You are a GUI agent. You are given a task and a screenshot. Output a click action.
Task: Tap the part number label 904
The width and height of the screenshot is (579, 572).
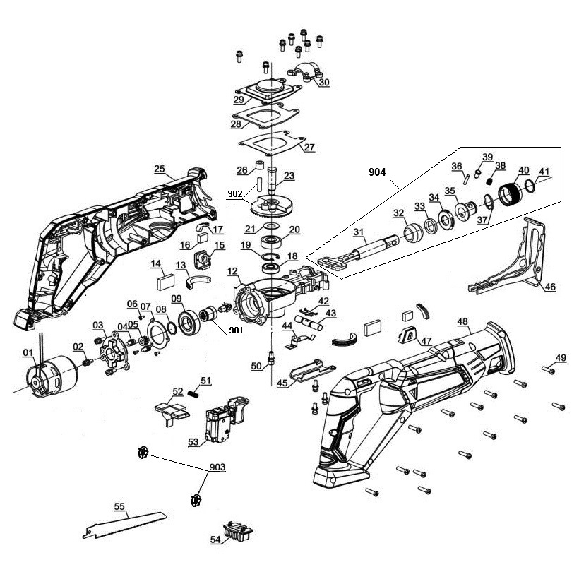click(378, 171)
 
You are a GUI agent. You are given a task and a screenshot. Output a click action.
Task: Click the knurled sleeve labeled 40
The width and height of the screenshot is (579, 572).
click(510, 191)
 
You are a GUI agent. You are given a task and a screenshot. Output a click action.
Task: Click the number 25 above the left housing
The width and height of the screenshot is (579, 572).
click(160, 169)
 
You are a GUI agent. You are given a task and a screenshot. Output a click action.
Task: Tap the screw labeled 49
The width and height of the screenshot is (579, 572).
click(547, 368)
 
